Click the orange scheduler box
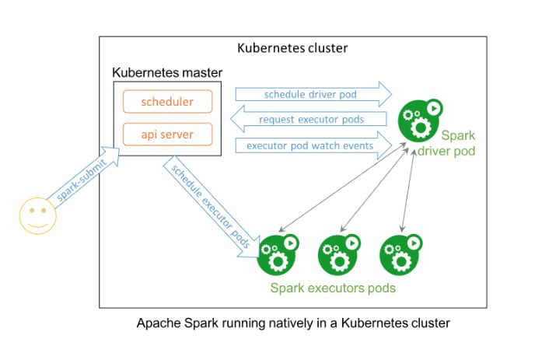(167, 102)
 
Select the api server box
(167, 135)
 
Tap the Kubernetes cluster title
(292, 48)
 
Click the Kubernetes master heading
(167, 72)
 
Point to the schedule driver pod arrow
(313, 94)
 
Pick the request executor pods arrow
(309, 119)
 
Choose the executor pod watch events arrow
(313, 145)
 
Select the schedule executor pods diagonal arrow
(212, 208)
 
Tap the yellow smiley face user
(38, 215)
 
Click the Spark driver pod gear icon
(420, 120)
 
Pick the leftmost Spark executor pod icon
(278, 255)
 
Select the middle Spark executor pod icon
(339, 255)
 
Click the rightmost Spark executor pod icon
(401, 255)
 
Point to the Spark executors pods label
(333, 288)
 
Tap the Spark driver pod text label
(447, 143)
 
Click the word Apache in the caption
(159, 323)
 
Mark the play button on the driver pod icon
(434, 108)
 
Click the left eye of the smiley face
(32, 211)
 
